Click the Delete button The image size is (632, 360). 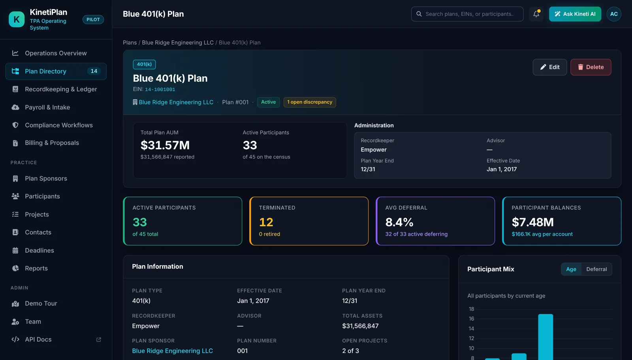point(591,67)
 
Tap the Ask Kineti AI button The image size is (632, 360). point(575,14)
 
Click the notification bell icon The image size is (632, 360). point(536,14)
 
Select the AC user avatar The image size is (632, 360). point(614,14)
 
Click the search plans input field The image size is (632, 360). point(467,14)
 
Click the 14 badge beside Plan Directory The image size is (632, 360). point(94,71)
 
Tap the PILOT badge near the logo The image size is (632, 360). point(93,19)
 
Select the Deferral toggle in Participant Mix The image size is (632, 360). point(596,269)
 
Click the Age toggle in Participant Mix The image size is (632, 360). point(571,269)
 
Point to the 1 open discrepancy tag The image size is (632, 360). point(310,102)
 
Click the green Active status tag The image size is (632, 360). point(268,102)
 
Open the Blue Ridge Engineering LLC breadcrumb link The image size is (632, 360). point(178,43)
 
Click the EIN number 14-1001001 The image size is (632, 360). point(160,89)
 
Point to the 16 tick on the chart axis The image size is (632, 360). point(472,319)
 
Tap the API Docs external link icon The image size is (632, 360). point(98,339)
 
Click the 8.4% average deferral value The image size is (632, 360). point(399,222)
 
